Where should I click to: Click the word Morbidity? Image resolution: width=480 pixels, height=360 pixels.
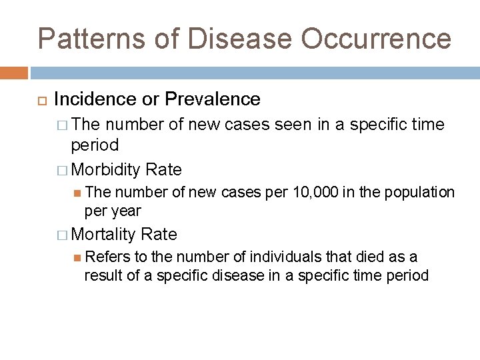[105, 169]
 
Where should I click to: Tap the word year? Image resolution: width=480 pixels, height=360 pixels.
[126, 211]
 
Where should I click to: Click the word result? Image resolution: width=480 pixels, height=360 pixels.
[102, 275]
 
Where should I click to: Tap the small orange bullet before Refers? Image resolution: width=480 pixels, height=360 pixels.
[77, 257]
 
